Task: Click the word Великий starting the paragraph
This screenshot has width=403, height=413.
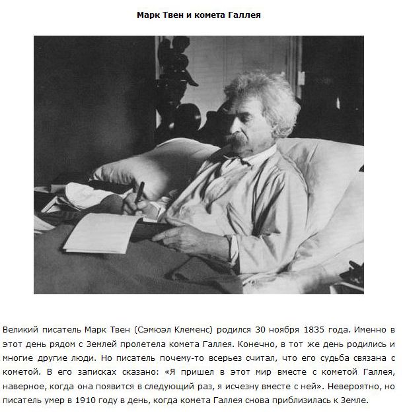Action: (20, 329)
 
